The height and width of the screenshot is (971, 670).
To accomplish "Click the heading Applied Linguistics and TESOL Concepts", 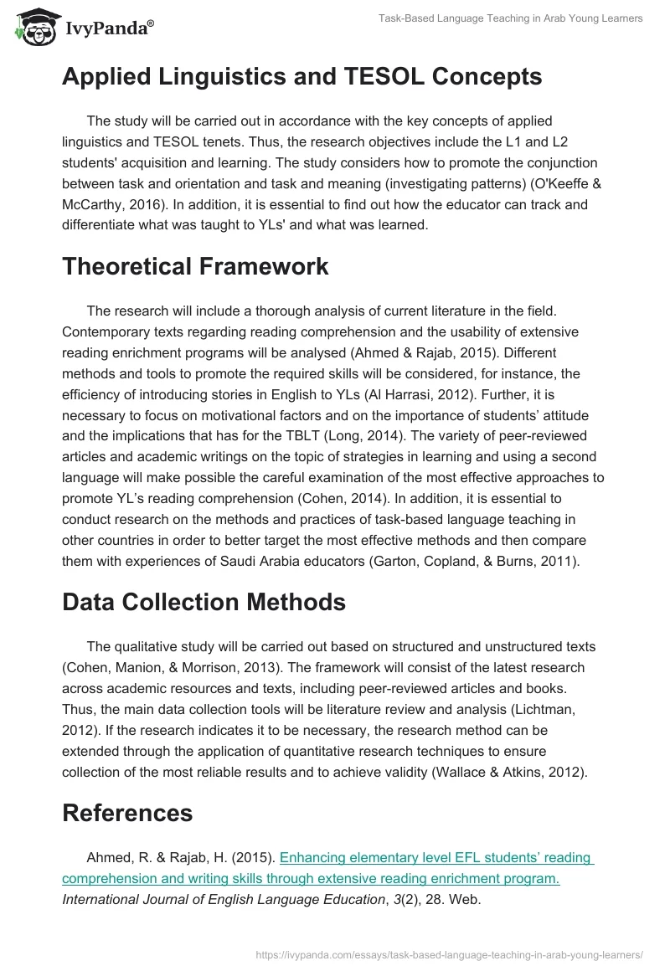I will coord(301,76).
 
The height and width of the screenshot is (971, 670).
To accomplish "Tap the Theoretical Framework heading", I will coord(195,266).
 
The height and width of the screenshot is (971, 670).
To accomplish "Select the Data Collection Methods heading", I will coord(204,602).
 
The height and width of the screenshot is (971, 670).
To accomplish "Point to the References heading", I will coord(127,813).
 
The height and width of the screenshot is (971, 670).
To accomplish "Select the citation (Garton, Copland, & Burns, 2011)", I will coord(473,562).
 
